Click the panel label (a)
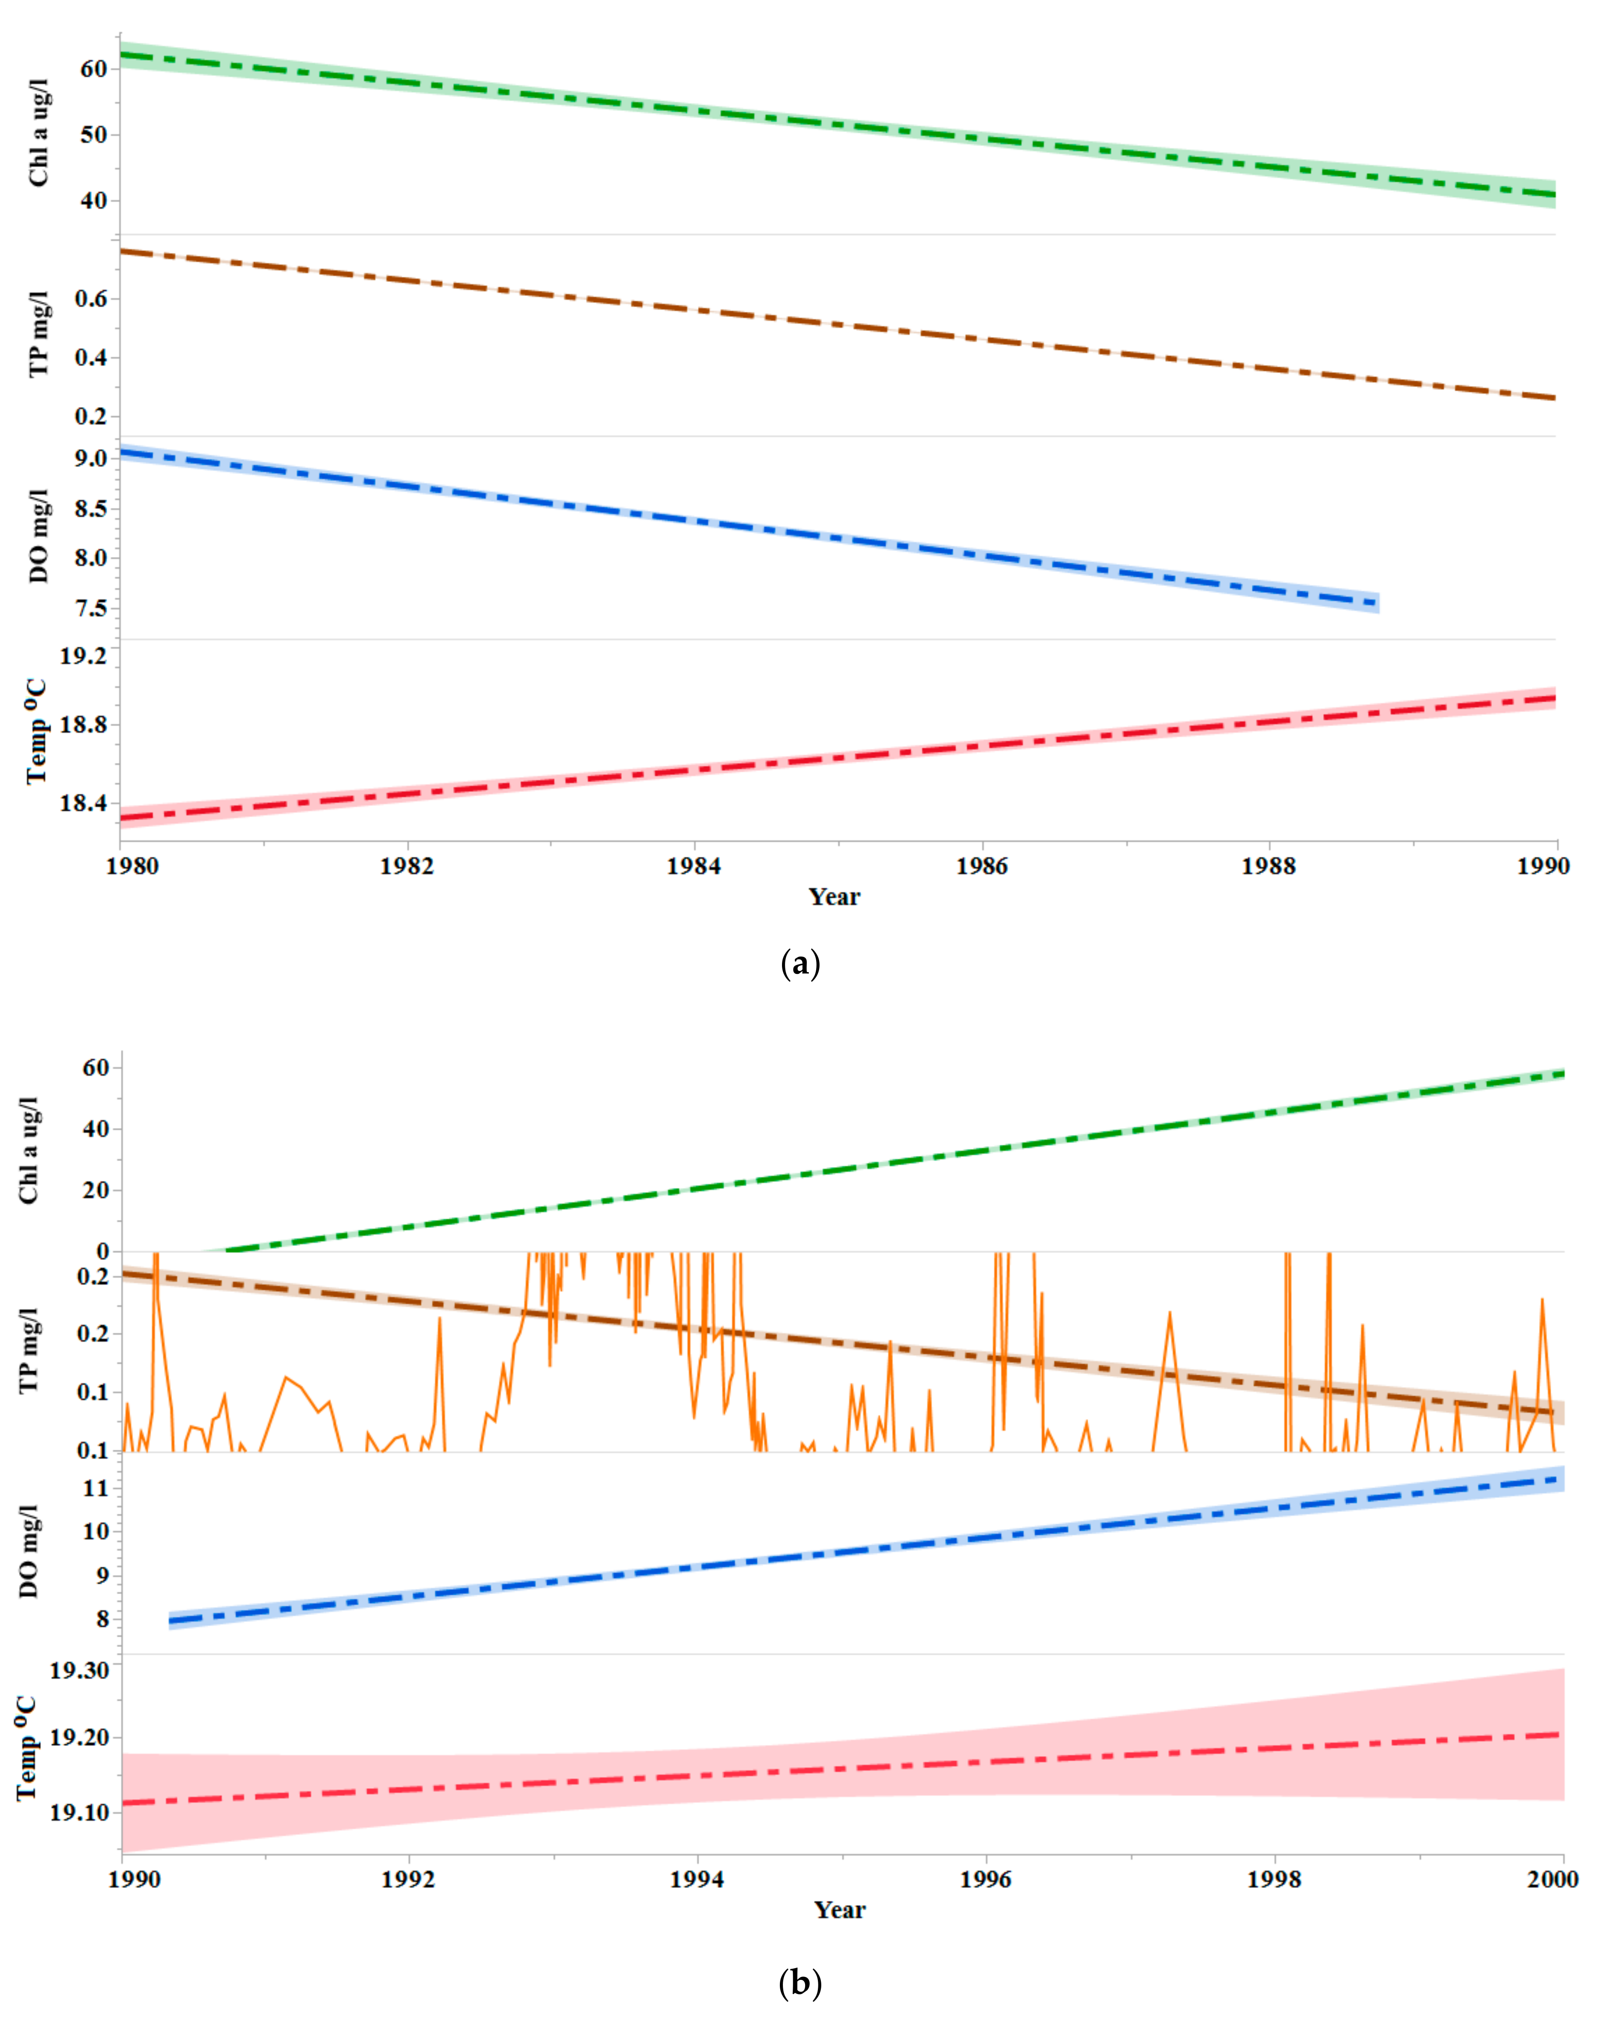800,964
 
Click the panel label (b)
800,1983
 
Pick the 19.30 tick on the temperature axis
80,1670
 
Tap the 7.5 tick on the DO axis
91,608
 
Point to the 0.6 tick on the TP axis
91,299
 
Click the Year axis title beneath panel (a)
834,897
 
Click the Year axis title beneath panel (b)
840,1910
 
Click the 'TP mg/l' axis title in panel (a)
38,335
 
